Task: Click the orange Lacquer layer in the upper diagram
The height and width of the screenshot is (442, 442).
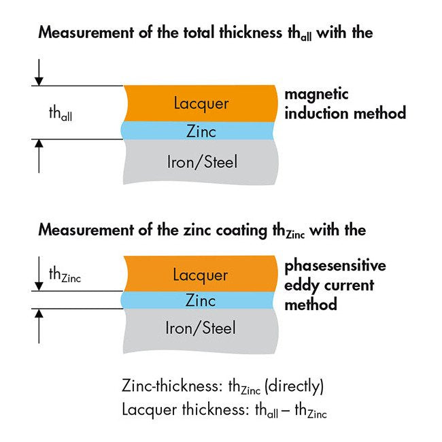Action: pyautogui.click(x=201, y=103)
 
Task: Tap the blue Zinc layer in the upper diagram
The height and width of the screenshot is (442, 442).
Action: pyautogui.click(x=201, y=131)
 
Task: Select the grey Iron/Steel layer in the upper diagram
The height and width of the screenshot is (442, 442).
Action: pyautogui.click(x=201, y=161)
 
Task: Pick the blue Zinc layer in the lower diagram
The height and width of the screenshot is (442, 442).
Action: pyautogui.click(x=201, y=300)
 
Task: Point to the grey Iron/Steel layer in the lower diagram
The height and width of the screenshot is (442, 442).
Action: pyautogui.click(x=201, y=328)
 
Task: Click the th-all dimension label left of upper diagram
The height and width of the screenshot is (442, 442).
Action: pyautogui.click(x=61, y=114)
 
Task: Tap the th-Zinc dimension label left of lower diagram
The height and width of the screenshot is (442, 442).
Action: pyautogui.click(x=65, y=275)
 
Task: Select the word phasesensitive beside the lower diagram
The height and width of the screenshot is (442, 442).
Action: pyautogui.click(x=335, y=266)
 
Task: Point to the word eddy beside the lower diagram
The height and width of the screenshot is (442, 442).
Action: pyautogui.click(x=302, y=285)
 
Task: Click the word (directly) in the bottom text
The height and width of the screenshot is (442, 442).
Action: pyautogui.click(x=294, y=387)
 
